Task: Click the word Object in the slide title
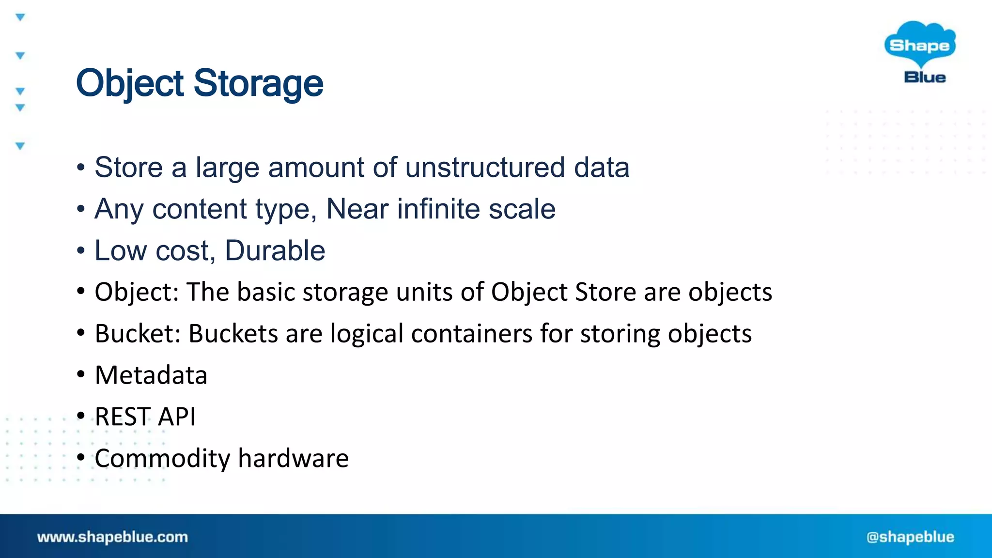coord(130,83)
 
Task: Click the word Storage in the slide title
coord(258,83)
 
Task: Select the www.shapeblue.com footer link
coord(112,537)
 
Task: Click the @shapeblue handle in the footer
coord(910,537)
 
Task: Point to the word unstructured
coord(485,168)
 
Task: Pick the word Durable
coord(275,251)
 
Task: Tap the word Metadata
coord(151,375)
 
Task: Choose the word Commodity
coord(162,459)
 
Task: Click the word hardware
coord(293,459)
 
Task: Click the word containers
coord(472,334)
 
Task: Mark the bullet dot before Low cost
coord(81,251)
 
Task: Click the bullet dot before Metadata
coord(81,374)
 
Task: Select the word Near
coord(357,209)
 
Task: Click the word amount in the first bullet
coord(316,168)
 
